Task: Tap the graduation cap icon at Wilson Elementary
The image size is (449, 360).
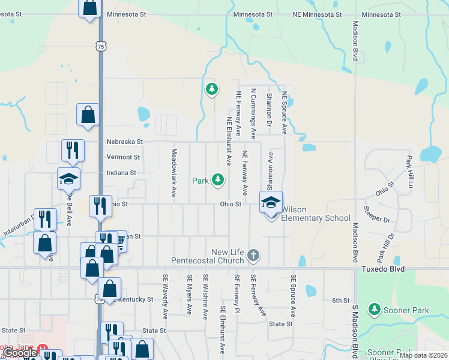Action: (x=271, y=202)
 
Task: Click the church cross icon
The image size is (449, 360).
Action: (x=253, y=256)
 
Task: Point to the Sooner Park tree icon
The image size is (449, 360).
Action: (x=375, y=309)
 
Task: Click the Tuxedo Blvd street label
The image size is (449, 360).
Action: (x=383, y=269)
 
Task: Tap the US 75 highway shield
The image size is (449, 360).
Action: (x=100, y=46)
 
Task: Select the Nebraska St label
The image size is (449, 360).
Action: (x=125, y=142)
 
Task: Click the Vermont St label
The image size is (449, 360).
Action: (x=123, y=157)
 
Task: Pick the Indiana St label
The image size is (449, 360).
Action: (x=121, y=173)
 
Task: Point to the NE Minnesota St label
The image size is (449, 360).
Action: (x=313, y=14)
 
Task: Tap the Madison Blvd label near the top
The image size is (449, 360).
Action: (x=355, y=40)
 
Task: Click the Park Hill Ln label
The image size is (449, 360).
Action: (x=410, y=172)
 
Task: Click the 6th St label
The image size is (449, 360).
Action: (x=340, y=301)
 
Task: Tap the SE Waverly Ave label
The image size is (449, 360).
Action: (x=165, y=296)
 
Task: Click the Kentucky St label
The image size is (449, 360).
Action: (x=136, y=299)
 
